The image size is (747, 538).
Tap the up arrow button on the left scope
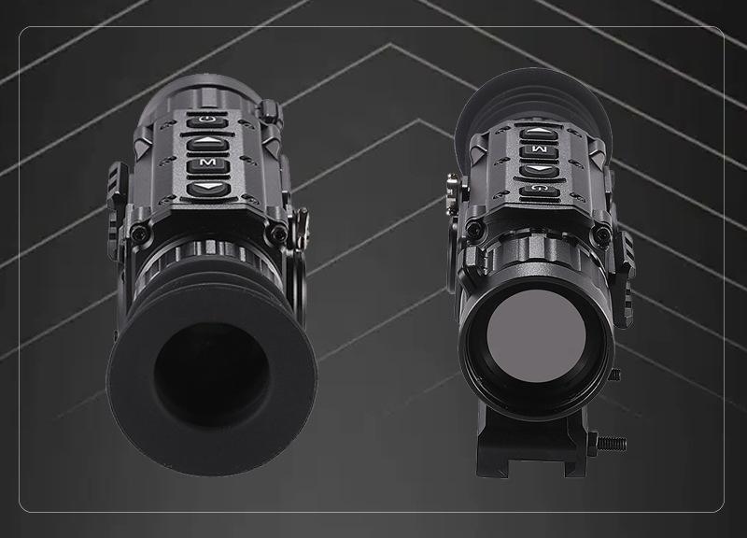click(x=207, y=143)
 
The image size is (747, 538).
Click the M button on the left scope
click(x=207, y=164)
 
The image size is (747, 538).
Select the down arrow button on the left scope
click(x=208, y=189)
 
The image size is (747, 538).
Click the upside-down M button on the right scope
click(x=539, y=150)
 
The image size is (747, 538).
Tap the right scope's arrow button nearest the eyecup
click(x=539, y=132)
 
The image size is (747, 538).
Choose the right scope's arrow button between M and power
click(x=539, y=170)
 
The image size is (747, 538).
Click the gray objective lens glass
click(x=536, y=334)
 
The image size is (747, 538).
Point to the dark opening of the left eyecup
click(x=212, y=375)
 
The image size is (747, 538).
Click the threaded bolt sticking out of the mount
click(x=612, y=444)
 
